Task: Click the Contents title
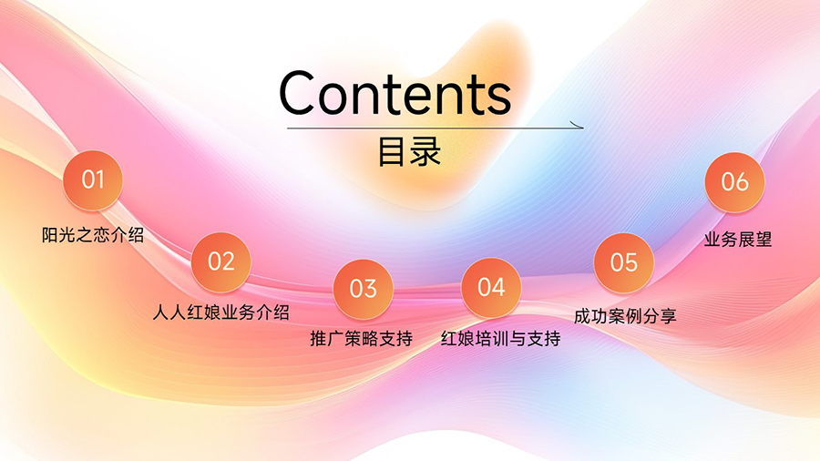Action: pos(395,93)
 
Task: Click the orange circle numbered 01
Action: pos(93,180)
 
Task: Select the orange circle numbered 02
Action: pos(220,261)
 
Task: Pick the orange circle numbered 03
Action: pos(363,289)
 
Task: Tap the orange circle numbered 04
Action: pos(491,288)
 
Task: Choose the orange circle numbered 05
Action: pos(624,263)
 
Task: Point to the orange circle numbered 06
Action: pos(734,182)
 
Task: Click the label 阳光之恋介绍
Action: pos(93,235)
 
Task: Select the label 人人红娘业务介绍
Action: pos(221,312)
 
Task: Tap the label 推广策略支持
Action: pos(362,339)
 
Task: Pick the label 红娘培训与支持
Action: pos(500,339)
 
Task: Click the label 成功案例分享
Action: pos(625,316)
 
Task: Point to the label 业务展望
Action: pos(738,240)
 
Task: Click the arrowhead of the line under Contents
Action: pos(579,126)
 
